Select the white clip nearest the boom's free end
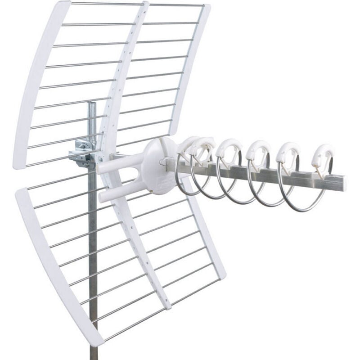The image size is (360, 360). pyautogui.click(x=323, y=155)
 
